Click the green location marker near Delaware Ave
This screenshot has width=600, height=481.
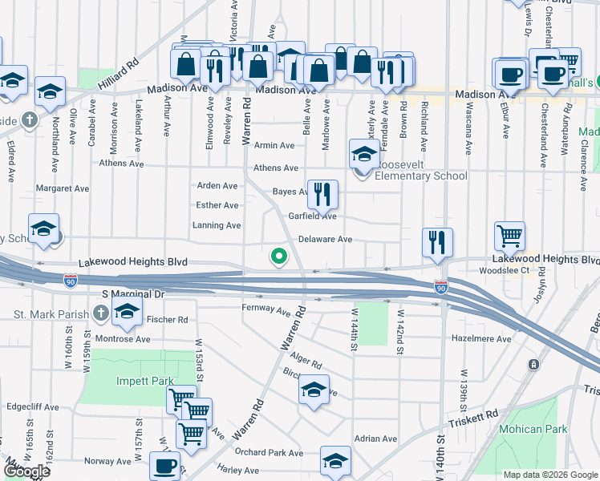tap(278, 257)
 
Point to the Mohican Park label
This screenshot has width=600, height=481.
tap(530, 429)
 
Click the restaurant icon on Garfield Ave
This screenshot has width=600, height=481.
tap(322, 194)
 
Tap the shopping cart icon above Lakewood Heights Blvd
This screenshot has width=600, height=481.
tap(509, 236)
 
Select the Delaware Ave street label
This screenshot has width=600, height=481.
tap(325, 240)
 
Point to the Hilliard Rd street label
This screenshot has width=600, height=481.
tap(119, 72)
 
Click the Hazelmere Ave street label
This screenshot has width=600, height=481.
tap(481, 339)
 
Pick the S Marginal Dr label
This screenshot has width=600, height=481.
tap(133, 294)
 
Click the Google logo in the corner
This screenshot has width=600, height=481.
tap(26, 472)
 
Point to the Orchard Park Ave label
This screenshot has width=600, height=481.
tap(270, 452)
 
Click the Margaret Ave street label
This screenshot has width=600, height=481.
tap(62, 189)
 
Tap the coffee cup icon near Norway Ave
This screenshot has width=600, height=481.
tap(165, 465)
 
